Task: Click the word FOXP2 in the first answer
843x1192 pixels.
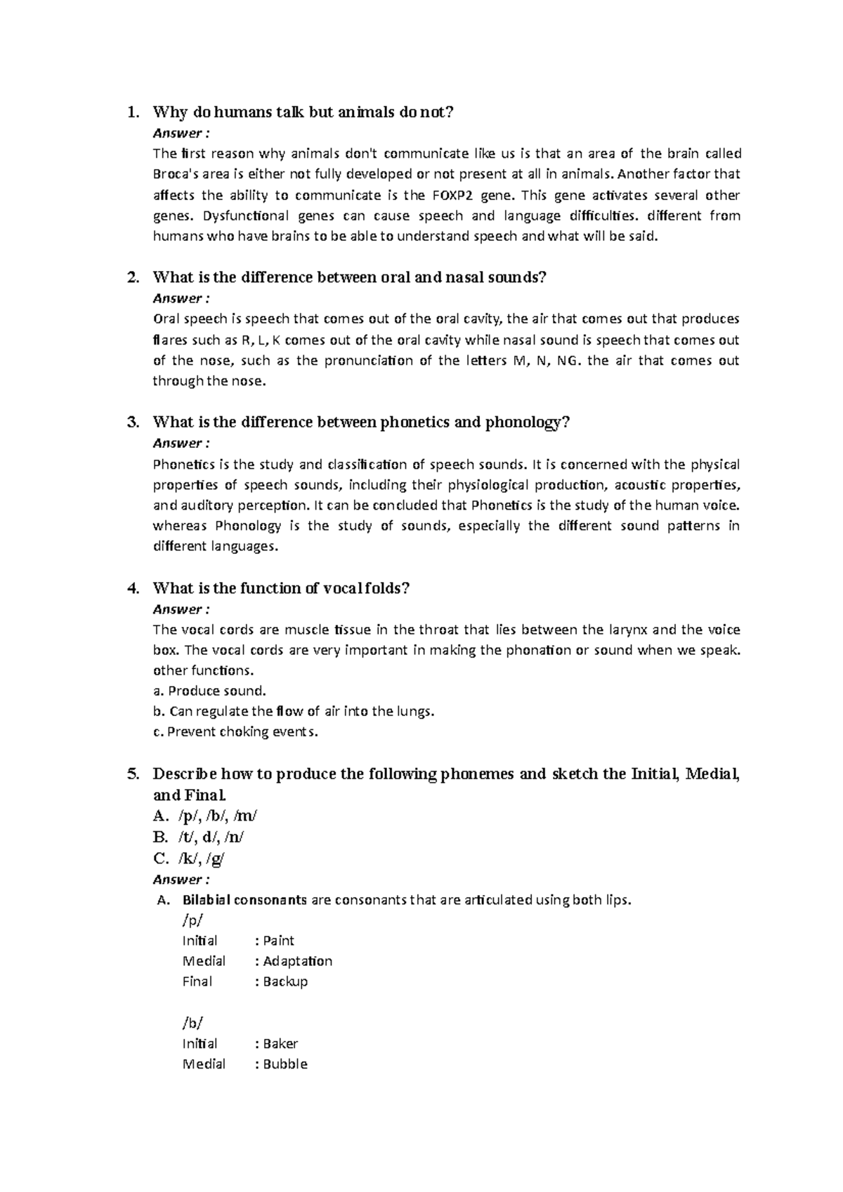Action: coord(450,195)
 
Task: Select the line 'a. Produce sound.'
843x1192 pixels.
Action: coord(209,691)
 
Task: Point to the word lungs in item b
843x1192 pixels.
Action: coord(414,712)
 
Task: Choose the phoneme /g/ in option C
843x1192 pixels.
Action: coord(216,858)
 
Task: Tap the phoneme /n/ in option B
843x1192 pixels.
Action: coord(234,837)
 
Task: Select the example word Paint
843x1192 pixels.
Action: coord(278,941)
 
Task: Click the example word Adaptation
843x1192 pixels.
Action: coord(297,961)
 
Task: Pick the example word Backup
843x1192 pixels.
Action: coord(285,981)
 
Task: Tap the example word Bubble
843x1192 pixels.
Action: coord(285,1064)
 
